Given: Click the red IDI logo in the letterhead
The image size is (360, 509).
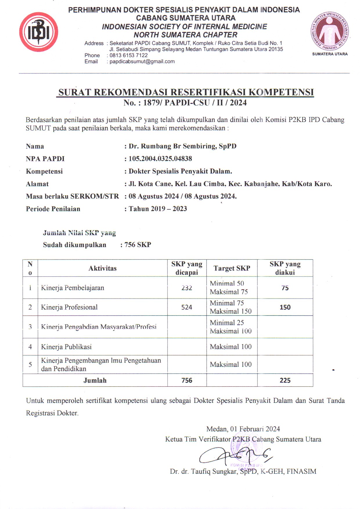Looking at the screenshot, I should (39, 32).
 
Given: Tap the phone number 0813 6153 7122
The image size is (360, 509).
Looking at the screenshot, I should (129, 55).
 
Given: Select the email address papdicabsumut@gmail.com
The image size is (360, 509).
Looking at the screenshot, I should (142, 62).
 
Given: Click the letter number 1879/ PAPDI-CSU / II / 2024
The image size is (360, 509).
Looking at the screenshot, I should (195, 103).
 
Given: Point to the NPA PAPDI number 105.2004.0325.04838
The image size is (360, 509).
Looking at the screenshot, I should (160, 159).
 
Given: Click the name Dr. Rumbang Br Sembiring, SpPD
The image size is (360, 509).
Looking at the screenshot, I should (183, 146).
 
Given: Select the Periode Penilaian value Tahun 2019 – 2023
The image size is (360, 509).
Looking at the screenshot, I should (158, 209).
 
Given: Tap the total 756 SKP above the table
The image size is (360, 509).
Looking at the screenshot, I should (138, 245).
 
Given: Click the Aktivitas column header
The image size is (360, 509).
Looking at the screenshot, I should (102, 268).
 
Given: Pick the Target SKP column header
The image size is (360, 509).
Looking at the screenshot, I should (232, 268).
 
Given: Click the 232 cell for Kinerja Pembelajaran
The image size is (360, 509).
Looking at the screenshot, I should (187, 288).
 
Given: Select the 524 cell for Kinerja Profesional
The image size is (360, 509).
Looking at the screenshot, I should (187, 307).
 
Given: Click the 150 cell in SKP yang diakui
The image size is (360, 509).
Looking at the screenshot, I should (285, 307).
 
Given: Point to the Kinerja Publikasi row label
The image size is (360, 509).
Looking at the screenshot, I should (66, 347).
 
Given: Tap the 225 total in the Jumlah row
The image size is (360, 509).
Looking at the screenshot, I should (285, 380).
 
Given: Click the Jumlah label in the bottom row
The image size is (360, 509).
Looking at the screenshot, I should (95, 380).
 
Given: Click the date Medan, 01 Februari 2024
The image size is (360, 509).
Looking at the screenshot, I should (243, 429).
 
